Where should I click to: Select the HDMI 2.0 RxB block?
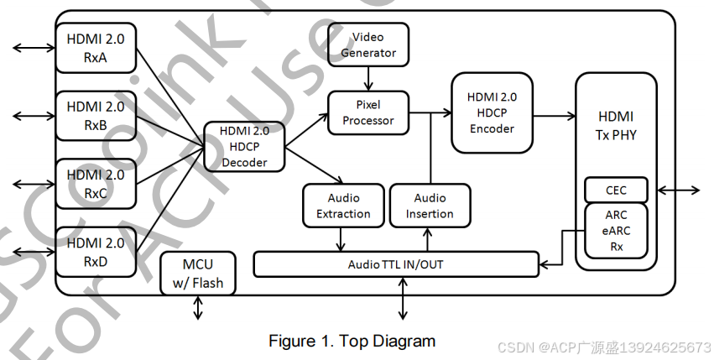pyautogui.click(x=95, y=116)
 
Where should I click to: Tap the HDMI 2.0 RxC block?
pyautogui.click(x=95, y=184)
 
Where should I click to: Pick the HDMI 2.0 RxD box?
pyautogui.click(x=95, y=252)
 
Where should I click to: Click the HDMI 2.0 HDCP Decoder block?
pyautogui.click(x=244, y=146)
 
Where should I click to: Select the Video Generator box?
pyautogui.click(x=367, y=44)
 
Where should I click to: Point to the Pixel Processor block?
pyautogui.click(x=367, y=112)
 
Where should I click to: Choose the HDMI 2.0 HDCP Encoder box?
pyautogui.click(x=492, y=112)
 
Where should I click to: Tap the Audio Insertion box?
pyautogui.click(x=430, y=206)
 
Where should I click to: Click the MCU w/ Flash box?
pyautogui.click(x=198, y=274)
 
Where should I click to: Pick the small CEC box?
pyautogui.click(x=616, y=190)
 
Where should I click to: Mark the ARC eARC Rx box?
pyautogui.click(x=616, y=230)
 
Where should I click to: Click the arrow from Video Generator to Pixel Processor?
pyautogui.click(x=367, y=78)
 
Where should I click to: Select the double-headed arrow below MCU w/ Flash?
pyautogui.click(x=198, y=308)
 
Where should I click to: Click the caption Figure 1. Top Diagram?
pyautogui.click(x=352, y=341)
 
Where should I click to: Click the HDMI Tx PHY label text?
pyautogui.click(x=616, y=124)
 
